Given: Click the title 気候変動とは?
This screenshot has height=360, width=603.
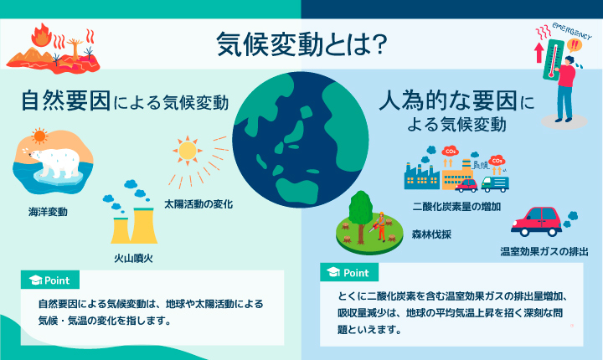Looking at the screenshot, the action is click(301, 44).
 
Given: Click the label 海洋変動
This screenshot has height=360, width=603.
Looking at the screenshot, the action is click(48, 212).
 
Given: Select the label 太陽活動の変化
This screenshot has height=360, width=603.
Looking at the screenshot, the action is click(198, 203).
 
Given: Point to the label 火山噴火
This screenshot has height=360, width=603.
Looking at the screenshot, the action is click(133, 258).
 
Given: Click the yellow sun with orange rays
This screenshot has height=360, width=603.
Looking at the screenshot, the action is click(188, 151).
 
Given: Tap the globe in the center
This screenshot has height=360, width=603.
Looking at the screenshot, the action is click(301, 140).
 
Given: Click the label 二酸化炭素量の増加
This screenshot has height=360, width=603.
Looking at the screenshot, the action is click(456, 207).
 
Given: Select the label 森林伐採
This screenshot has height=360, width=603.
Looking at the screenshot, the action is click(431, 234).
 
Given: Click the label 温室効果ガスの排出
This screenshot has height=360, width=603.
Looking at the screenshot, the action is click(544, 251).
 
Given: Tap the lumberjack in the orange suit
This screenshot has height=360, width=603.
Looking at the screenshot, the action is click(381, 226).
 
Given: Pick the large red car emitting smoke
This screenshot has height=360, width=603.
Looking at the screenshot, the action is click(537, 222).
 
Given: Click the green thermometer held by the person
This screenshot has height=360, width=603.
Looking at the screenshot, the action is click(554, 59).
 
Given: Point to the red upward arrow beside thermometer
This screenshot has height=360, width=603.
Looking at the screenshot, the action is click(539, 52).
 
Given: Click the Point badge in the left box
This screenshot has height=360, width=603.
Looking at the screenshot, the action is click(50, 280).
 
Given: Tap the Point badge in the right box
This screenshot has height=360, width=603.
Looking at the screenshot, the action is click(348, 272).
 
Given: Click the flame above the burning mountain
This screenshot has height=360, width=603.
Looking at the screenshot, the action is click(42, 35).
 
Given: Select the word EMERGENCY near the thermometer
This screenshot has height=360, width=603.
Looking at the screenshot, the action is click(572, 31).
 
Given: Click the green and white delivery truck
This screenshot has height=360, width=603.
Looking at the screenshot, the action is click(495, 184).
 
